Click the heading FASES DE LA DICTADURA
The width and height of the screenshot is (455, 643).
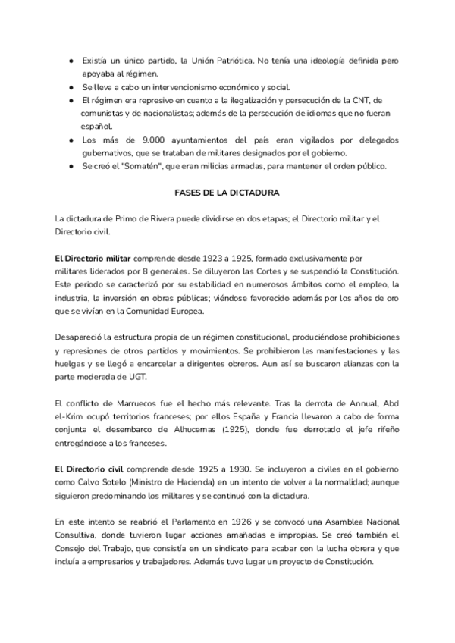227,193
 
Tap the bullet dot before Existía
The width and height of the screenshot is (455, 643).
71,60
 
